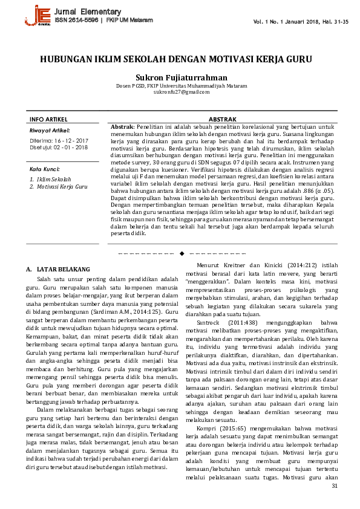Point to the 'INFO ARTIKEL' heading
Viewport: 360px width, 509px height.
48,120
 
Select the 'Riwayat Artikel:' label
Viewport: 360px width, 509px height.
50,131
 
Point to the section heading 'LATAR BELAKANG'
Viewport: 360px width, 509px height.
63,268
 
